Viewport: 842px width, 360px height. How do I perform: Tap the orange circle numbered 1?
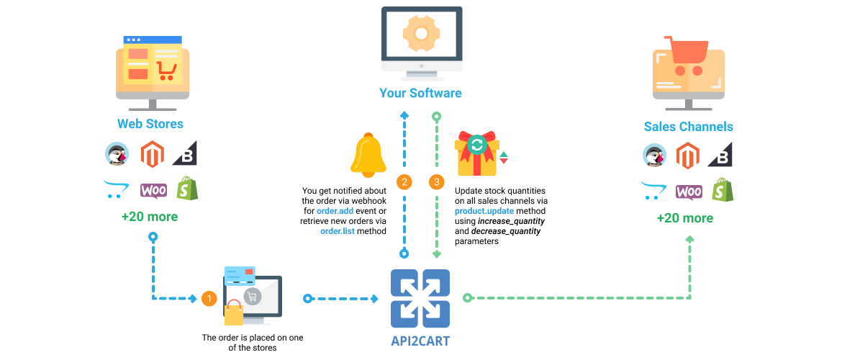tap(209, 299)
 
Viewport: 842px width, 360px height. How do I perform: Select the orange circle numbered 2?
tap(404, 182)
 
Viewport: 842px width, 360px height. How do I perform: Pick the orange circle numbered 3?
tap(437, 182)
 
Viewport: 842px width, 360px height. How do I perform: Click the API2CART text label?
tap(420, 341)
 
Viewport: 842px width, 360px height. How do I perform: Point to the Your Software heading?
tap(420, 93)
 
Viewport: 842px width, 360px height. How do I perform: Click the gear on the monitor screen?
tap(422, 33)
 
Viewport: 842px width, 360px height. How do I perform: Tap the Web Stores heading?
tap(150, 124)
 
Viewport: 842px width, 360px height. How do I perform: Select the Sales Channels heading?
tap(689, 127)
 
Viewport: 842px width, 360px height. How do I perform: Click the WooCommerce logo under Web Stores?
tap(153, 190)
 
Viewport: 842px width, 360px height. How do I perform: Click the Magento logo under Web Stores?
tap(151, 154)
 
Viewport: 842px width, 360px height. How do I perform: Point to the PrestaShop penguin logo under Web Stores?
tap(117, 154)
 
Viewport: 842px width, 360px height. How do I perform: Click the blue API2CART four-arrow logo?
tap(420, 298)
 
